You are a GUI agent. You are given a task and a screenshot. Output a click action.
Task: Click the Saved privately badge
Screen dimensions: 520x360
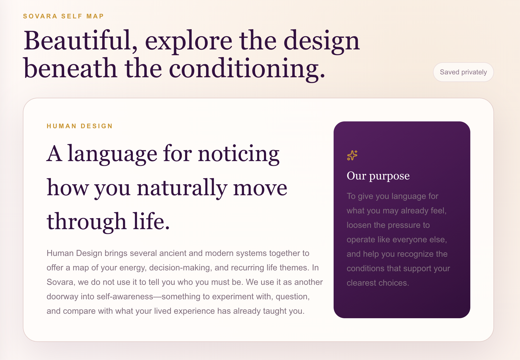click(x=463, y=72)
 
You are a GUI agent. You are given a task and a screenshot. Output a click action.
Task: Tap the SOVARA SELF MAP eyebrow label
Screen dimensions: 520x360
click(x=63, y=16)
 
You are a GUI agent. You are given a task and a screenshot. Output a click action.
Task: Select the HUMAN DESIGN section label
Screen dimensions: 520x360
click(x=80, y=126)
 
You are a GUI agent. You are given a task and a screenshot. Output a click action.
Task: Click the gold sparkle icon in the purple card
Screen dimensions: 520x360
click(x=352, y=155)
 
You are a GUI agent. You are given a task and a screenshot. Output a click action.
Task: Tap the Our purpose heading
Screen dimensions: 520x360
click(x=378, y=176)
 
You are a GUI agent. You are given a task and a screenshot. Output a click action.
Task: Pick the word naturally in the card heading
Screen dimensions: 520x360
click(x=182, y=188)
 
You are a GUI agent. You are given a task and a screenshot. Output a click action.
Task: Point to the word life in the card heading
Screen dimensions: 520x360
click(x=151, y=221)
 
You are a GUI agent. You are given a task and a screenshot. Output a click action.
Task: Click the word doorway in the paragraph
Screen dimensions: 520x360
click(x=63, y=297)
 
